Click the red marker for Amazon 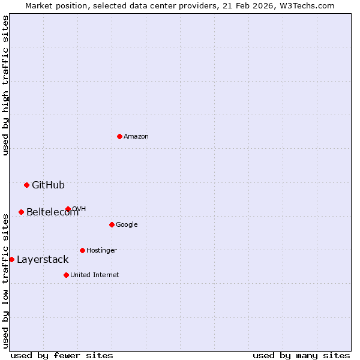[119, 136]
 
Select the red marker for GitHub [26, 185]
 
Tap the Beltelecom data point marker [21, 212]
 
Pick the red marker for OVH [68, 209]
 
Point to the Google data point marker [112, 224]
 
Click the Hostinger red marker [82, 250]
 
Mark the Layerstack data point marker [11, 259]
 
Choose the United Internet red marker [66, 275]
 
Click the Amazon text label [136, 136]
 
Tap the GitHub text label [48, 185]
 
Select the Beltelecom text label [52, 212]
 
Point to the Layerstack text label [43, 259]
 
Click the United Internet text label [95, 275]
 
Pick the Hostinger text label [101, 250]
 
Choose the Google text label [127, 224]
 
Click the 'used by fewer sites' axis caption [62, 355]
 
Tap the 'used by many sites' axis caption [301, 355]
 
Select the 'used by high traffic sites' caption [5, 85]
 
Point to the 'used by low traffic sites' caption [5, 280]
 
